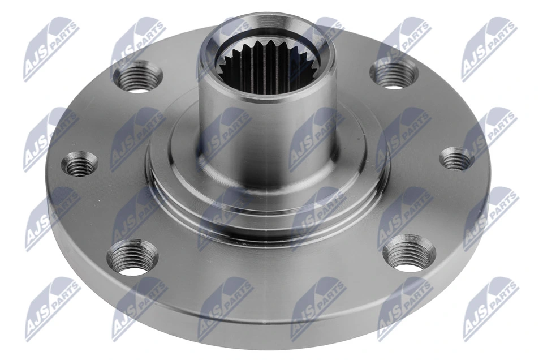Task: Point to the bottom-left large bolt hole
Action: (x=132, y=257)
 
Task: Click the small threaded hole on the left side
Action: (x=79, y=164)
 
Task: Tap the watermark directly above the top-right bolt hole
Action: (x=404, y=45)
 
